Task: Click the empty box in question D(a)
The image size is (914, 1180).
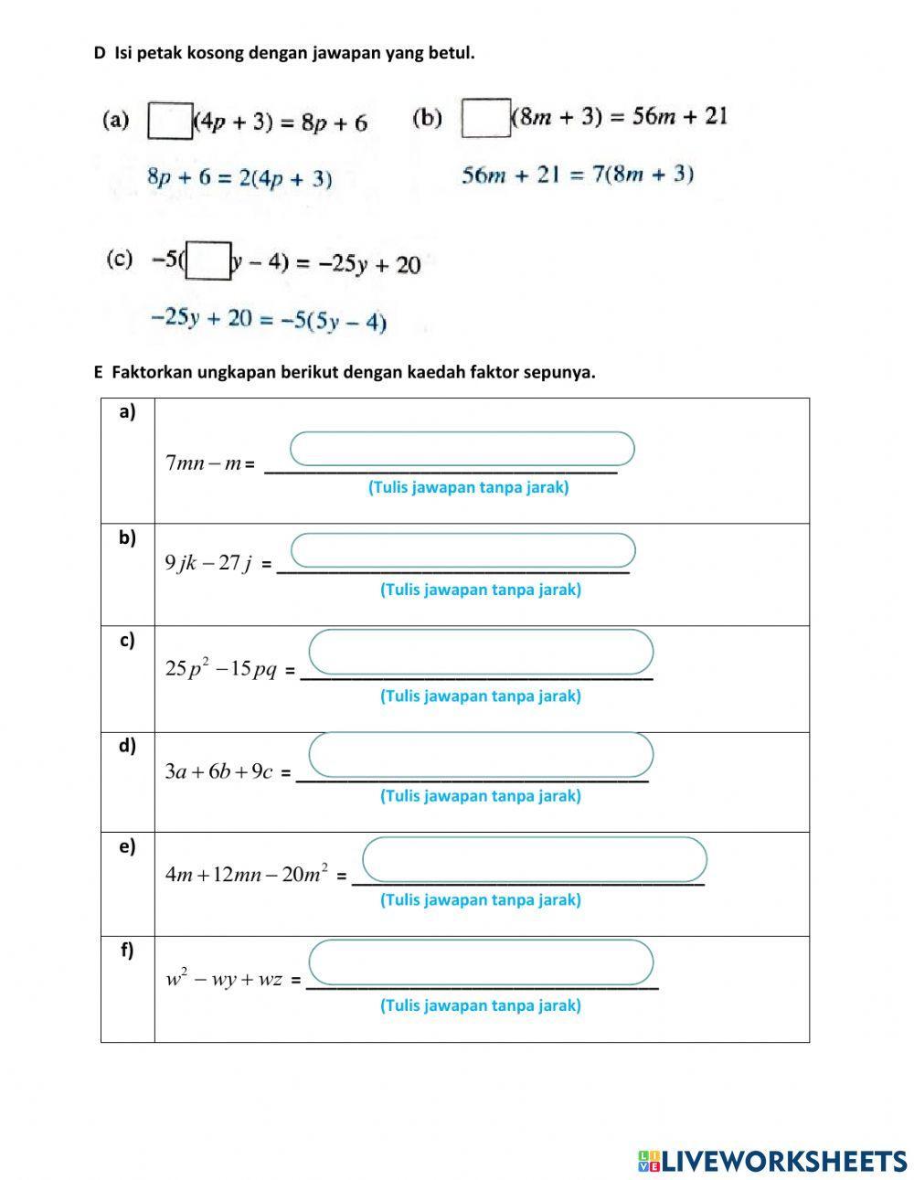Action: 170,122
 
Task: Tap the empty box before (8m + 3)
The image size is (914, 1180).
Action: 485,118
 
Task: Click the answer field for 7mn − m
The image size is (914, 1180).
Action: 462,449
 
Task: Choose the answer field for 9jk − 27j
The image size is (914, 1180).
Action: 462,550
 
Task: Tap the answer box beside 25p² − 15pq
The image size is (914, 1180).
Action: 481,652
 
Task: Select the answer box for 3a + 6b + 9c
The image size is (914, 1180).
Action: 481,754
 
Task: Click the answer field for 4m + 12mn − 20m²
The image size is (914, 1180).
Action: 535,859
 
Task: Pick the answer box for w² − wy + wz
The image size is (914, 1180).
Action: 481,962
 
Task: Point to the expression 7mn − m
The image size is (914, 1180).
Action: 203,463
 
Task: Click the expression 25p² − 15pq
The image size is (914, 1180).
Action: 220,669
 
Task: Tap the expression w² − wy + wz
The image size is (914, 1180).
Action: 223,980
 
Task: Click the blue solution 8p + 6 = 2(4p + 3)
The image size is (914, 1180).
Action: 239,178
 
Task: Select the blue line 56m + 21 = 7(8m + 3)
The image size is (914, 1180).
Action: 578,175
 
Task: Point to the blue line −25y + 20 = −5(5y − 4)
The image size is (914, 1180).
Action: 268,320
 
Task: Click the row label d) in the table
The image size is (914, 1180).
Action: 127,746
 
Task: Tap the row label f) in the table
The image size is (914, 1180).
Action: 127,951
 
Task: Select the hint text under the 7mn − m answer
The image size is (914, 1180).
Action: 468,487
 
